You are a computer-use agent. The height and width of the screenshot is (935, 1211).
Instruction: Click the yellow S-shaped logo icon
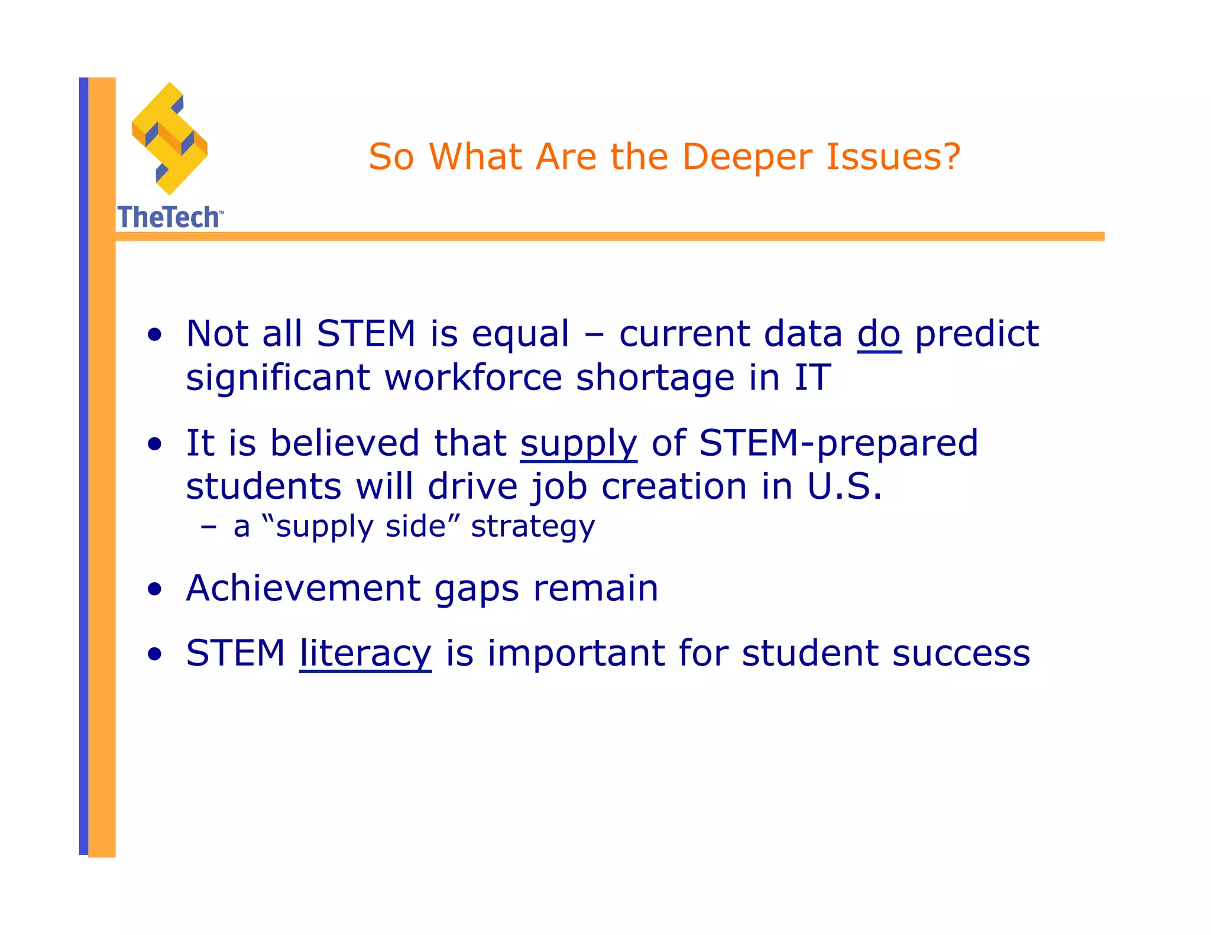(x=170, y=139)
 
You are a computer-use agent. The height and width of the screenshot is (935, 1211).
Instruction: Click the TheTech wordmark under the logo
(x=169, y=217)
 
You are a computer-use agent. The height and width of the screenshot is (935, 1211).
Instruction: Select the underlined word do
(x=879, y=334)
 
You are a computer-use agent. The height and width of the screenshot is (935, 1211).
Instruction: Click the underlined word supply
(x=578, y=444)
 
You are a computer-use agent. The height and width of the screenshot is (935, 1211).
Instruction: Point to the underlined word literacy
(x=365, y=654)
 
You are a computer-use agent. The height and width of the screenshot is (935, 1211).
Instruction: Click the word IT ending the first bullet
(x=812, y=378)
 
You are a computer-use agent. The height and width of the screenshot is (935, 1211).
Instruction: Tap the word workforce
(x=473, y=378)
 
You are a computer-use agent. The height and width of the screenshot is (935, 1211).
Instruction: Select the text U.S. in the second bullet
(x=844, y=487)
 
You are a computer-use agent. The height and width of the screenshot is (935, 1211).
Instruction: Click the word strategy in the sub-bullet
(x=532, y=527)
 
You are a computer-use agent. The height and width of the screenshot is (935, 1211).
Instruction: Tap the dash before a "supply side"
(x=208, y=527)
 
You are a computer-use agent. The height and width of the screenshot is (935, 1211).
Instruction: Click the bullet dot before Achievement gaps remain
(x=155, y=589)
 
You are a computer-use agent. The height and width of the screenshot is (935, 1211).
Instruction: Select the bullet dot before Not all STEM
(x=155, y=335)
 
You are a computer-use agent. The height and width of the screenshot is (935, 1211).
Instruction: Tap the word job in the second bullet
(x=559, y=488)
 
